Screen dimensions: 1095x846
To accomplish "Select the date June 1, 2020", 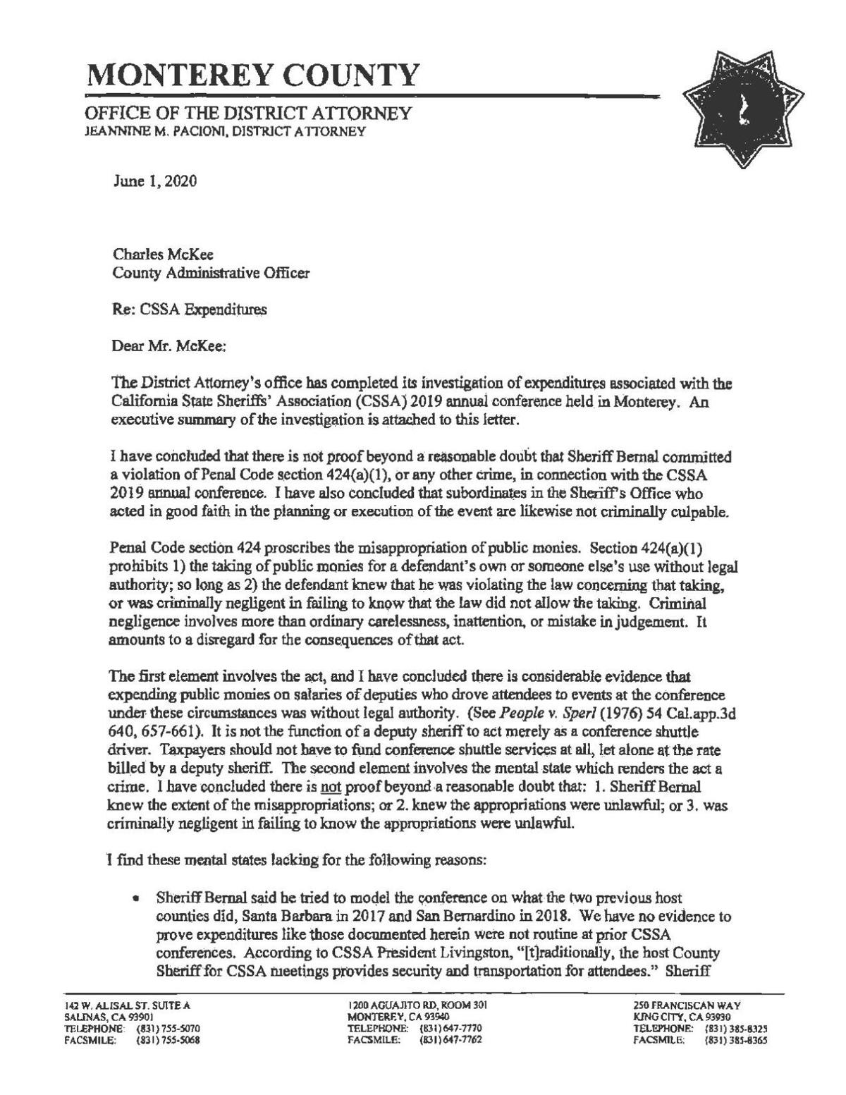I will click(x=154, y=181).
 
